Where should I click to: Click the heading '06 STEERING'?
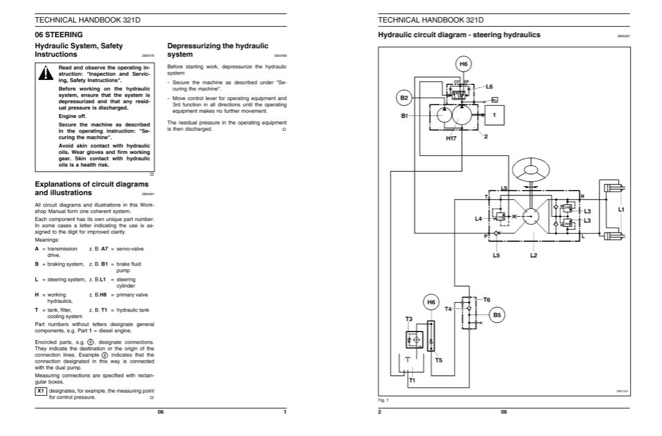coord(59,35)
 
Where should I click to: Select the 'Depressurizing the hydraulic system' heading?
coord(217,50)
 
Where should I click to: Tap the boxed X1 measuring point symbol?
coord(41,390)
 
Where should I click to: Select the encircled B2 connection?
coord(404,98)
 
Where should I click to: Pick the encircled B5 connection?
coord(497,315)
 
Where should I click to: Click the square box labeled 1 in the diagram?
coord(495,114)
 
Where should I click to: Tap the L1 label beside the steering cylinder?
coord(621,209)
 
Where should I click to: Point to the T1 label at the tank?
coord(412,380)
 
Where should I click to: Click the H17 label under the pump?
coord(451,139)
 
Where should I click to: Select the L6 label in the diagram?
coord(489,87)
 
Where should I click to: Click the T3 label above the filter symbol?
coord(409,319)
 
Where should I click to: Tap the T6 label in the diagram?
coord(486,299)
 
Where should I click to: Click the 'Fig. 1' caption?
coord(383,400)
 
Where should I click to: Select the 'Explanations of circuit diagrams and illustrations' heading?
coord(92,188)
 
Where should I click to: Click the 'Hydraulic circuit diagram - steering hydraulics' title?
coord(459,35)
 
